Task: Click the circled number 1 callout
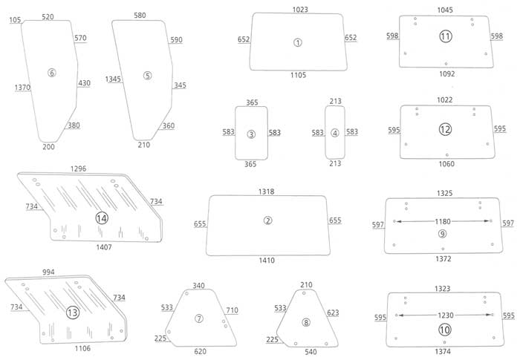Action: coord(298,42)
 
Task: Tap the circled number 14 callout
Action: coord(102,217)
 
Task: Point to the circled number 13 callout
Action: coord(72,312)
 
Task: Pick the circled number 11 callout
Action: coord(445,36)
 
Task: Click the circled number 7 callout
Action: coord(199,318)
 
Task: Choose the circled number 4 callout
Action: coord(335,134)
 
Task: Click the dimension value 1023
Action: coord(300,10)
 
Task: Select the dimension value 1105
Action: coord(297,75)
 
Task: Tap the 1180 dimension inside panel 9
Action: coord(443,221)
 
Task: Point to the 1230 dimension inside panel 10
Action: coord(444,315)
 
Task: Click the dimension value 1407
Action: coord(104,246)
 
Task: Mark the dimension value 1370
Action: coord(22,88)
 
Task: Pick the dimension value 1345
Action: coord(113,79)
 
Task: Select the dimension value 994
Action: coord(49,272)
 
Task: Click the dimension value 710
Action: coord(232,310)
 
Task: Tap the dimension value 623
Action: coord(332,312)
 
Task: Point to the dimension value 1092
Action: coord(446,73)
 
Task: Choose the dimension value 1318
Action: coord(266,192)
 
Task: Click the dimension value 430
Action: coord(84,83)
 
